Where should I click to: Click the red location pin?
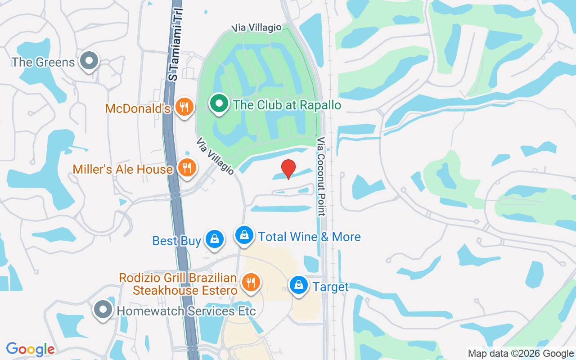click(x=288, y=169)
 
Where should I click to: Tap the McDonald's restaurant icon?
click(x=184, y=107)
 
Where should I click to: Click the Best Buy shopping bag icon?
click(x=215, y=239)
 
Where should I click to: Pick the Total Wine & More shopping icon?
click(x=244, y=235)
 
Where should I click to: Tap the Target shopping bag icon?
click(x=298, y=284)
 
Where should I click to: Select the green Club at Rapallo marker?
click(x=219, y=103)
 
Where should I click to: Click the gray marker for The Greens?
click(x=89, y=60)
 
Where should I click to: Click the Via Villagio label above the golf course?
click(x=256, y=28)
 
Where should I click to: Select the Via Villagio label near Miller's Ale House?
click(x=215, y=156)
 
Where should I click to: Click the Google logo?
click(x=31, y=349)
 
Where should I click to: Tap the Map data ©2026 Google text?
click(x=521, y=354)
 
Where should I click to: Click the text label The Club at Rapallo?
click(x=287, y=105)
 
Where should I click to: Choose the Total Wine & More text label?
click(x=310, y=237)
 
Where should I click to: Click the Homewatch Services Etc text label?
click(x=186, y=311)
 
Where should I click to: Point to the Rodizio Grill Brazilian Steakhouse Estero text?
click(x=178, y=284)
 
